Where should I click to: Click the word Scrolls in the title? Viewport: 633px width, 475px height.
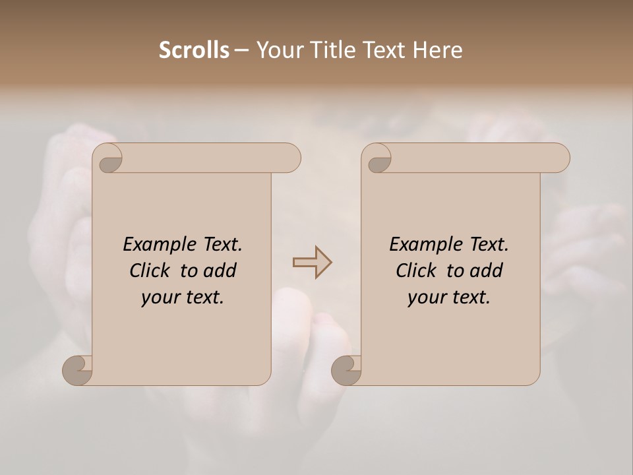(x=195, y=50)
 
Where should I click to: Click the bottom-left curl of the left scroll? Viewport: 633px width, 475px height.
(x=77, y=370)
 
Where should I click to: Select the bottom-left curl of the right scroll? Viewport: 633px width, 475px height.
(x=346, y=370)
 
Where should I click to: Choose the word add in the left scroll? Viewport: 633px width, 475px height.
(x=220, y=270)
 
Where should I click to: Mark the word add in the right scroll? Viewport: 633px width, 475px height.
(x=486, y=270)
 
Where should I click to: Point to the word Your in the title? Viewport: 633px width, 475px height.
(x=276, y=50)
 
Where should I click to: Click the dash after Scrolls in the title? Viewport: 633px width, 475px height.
(x=242, y=51)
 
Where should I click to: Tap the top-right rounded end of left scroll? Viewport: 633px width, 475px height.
(x=291, y=158)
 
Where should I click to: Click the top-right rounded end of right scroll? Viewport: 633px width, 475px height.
(x=560, y=158)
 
